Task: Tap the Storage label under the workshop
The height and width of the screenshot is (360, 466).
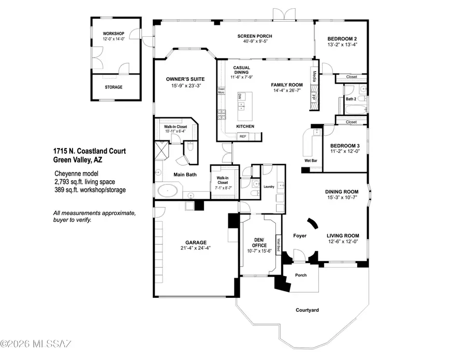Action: pyautogui.click(x=113, y=88)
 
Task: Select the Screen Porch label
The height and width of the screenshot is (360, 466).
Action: pyautogui.click(x=255, y=36)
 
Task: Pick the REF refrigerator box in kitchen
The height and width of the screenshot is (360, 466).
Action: pyautogui.click(x=242, y=136)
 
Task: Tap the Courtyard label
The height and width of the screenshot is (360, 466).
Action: pyautogui.click(x=307, y=310)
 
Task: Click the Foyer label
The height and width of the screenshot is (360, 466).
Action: pyautogui.click(x=300, y=236)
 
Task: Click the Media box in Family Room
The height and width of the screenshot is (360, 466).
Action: pyautogui.click(x=314, y=76)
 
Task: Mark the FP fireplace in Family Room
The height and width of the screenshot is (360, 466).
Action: pyautogui.click(x=313, y=98)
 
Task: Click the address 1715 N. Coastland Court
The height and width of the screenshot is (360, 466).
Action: pyautogui.click(x=89, y=151)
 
